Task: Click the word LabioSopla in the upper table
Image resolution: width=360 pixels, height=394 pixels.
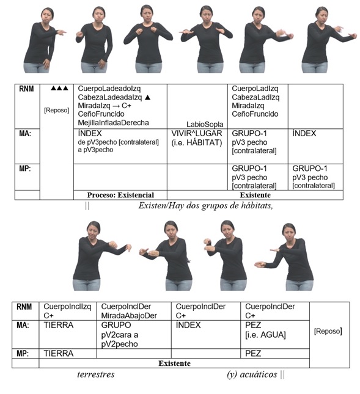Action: pyautogui.click(x=205, y=125)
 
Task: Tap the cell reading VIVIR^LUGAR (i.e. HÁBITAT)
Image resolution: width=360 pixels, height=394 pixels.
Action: pyautogui.click(x=197, y=138)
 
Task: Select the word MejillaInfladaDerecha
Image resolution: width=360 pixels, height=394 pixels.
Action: pyautogui.click(x=114, y=123)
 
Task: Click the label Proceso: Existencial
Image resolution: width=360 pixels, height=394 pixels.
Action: pyautogui.click(x=120, y=195)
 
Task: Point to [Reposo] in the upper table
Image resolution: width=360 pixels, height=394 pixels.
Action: pyautogui.click(x=57, y=110)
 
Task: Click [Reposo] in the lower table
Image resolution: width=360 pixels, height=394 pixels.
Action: pyautogui.click(x=328, y=331)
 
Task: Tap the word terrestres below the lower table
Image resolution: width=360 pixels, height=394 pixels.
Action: pyautogui.click(x=96, y=374)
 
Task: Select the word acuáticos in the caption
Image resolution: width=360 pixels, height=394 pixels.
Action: pyautogui.click(x=259, y=374)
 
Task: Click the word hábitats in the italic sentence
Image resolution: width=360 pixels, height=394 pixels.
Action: pyautogui.click(x=257, y=205)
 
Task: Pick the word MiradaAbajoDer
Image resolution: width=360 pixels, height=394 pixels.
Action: pyautogui.click(x=129, y=315)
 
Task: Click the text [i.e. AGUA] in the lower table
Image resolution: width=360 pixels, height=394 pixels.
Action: pyautogui.click(x=265, y=335)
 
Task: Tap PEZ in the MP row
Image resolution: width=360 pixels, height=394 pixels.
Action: pyautogui.click(x=253, y=353)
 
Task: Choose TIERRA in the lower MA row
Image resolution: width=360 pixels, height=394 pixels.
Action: pyautogui.click(x=59, y=325)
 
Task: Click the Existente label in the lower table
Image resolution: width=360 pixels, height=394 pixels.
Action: pyautogui.click(x=174, y=363)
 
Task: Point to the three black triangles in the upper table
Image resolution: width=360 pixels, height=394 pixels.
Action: pyautogui.click(x=59, y=88)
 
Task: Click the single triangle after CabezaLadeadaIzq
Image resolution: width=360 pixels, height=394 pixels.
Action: pyautogui.click(x=147, y=97)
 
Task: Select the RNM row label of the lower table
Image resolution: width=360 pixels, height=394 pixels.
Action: pyautogui.click(x=24, y=307)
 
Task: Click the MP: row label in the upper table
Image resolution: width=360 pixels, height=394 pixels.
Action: pyautogui.click(x=25, y=169)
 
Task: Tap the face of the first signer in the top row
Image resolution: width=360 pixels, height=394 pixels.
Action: pyautogui.click(x=47, y=16)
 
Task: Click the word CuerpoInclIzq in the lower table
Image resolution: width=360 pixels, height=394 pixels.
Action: pyautogui.click(x=67, y=307)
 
